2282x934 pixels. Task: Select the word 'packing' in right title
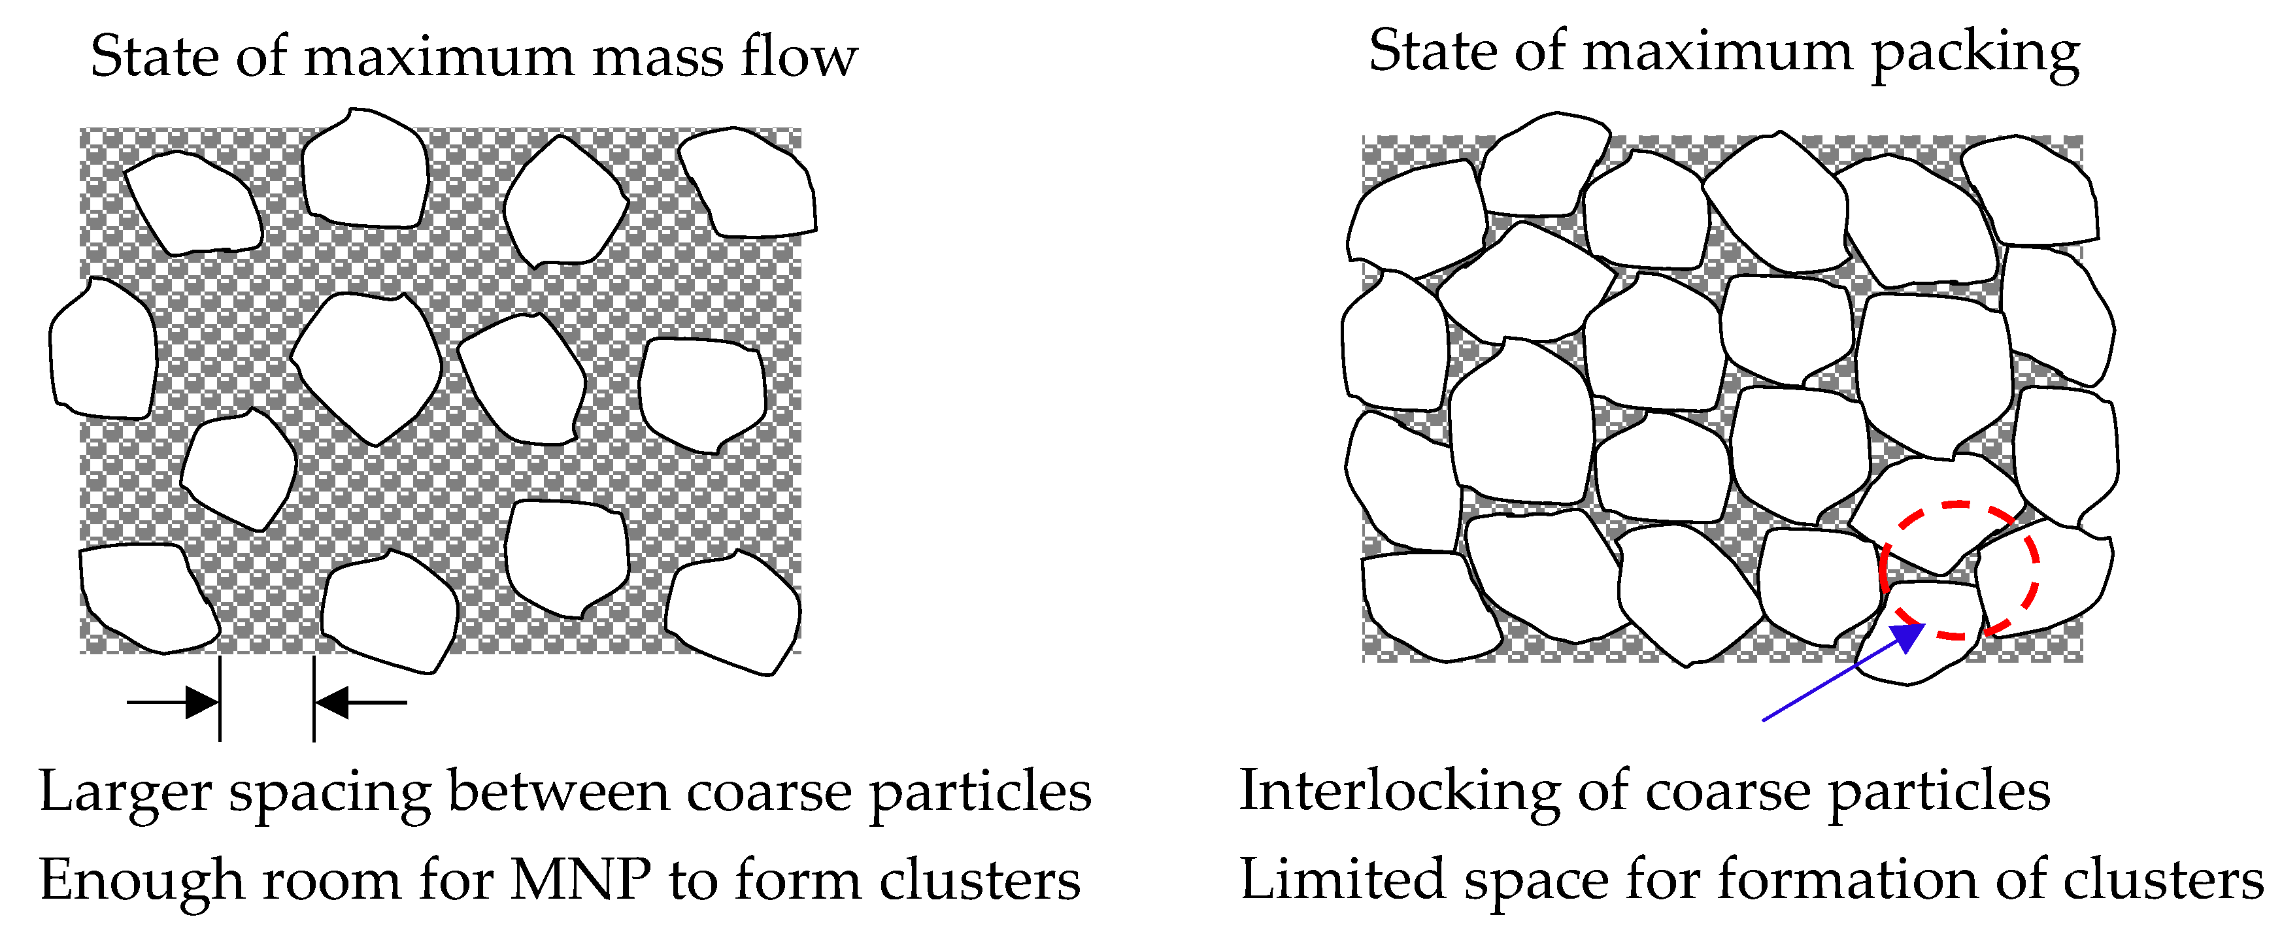pyautogui.click(x=1975, y=55)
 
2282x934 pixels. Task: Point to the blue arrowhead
pyautogui.click(x=1909, y=636)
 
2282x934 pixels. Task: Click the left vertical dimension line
pyautogui.click(x=220, y=700)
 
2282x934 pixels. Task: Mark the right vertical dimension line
pyautogui.click(x=314, y=700)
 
